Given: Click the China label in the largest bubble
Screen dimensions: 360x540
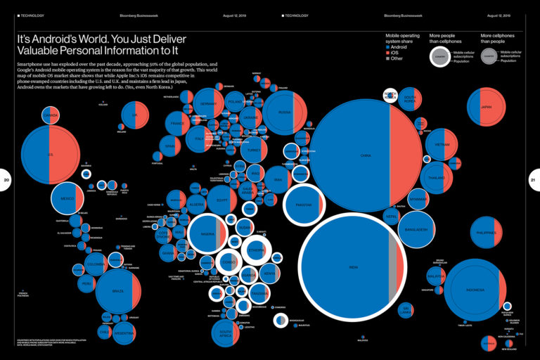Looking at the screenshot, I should (x=365, y=155).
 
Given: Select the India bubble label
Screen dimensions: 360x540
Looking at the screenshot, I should (x=353, y=267).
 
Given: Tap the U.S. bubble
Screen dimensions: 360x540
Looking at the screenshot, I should (x=50, y=155).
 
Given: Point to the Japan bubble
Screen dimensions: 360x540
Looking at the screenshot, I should (x=486, y=108).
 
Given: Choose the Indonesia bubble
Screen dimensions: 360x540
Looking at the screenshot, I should (x=475, y=290).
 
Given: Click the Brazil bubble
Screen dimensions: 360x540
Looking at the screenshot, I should (x=118, y=291).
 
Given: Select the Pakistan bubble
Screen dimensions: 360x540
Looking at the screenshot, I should (x=304, y=205).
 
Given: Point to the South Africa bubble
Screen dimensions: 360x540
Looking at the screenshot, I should (x=226, y=333).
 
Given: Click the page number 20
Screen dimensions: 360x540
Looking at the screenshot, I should (x=6, y=180).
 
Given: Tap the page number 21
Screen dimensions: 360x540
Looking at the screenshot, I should (x=533, y=180).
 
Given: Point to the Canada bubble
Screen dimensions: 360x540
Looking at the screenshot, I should (x=50, y=114).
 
